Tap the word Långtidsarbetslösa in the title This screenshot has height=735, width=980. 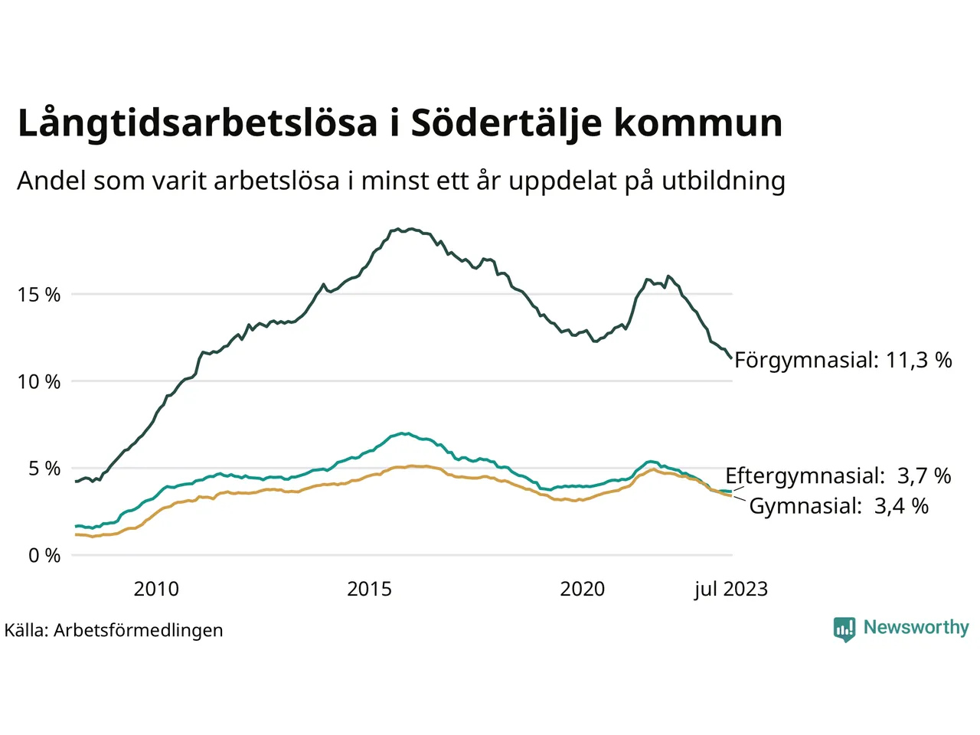[198, 124]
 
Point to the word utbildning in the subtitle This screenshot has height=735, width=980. [724, 181]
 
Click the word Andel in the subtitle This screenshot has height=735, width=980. [51, 181]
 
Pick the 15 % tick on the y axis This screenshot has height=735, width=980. [39, 295]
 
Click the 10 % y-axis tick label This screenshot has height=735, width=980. [39, 381]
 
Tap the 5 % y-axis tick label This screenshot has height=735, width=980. [44, 469]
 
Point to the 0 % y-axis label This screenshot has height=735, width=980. [44, 556]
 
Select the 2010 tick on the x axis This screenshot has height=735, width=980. [156, 589]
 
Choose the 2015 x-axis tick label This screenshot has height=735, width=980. [369, 589]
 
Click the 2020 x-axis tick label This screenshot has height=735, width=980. [582, 589]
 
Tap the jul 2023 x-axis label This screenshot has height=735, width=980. [730, 589]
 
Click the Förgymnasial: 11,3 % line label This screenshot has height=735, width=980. [843, 360]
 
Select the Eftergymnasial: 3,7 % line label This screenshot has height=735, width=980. [838, 476]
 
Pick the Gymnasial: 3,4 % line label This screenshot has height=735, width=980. [838, 506]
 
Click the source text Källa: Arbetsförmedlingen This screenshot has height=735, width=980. [114, 630]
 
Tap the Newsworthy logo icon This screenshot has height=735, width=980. [844, 629]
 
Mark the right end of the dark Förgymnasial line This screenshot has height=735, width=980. [731, 357]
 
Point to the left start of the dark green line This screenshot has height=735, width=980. [76, 481]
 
